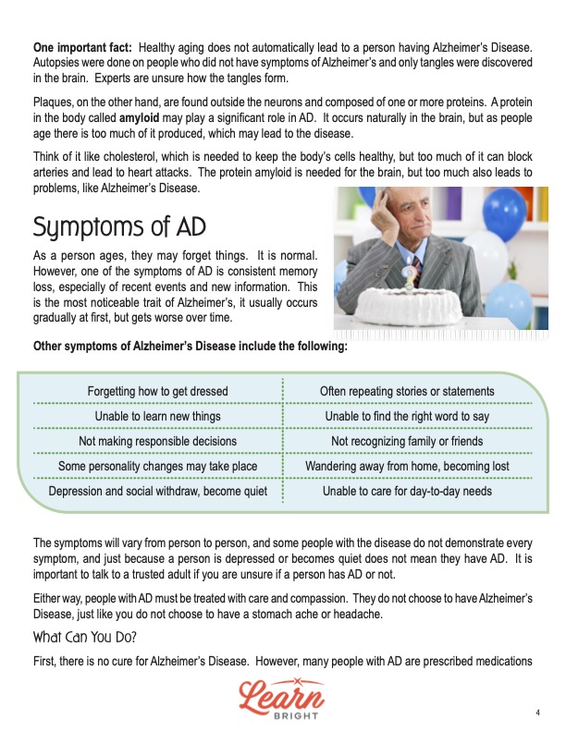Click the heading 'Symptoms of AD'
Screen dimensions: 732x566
(x=118, y=226)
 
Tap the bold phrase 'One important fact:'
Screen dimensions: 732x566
(x=82, y=46)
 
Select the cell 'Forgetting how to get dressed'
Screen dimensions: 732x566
(x=157, y=392)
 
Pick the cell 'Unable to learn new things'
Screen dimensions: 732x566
(x=157, y=417)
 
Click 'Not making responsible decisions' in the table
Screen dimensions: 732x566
(x=157, y=442)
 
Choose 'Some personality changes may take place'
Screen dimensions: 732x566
(x=157, y=467)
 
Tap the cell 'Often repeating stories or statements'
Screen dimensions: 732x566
(x=407, y=392)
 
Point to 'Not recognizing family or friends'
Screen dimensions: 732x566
(x=407, y=442)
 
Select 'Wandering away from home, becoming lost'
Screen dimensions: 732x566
(x=407, y=467)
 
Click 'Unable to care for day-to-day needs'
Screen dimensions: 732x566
(x=407, y=492)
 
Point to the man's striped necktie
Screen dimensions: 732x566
(x=417, y=268)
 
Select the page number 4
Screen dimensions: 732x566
(x=537, y=712)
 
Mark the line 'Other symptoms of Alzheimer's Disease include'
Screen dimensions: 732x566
(x=190, y=347)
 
